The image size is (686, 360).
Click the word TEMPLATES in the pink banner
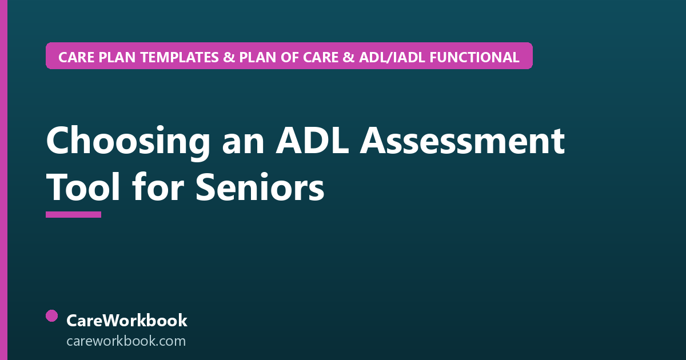[x=179, y=57]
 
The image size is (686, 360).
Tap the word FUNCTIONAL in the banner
[x=474, y=57]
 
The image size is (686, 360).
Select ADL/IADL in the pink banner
[x=392, y=57]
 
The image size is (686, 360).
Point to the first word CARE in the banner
[x=76, y=57]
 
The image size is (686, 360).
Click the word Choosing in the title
[x=128, y=142]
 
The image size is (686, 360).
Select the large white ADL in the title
[x=312, y=141]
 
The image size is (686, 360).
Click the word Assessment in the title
[x=462, y=141]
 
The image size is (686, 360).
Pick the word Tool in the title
[x=83, y=187]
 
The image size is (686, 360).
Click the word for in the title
[x=158, y=186]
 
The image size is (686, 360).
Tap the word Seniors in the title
[x=260, y=187]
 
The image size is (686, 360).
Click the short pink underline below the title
[x=74, y=215]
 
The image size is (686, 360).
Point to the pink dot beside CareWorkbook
[x=52, y=316]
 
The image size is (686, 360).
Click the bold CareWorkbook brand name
[x=127, y=321]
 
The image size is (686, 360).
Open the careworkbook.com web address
[x=126, y=341]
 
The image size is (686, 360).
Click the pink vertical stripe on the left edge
[x=3, y=180]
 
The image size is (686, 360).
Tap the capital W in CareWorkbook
[x=109, y=321]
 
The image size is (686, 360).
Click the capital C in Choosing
[x=58, y=141]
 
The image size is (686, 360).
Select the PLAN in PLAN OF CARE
[x=258, y=57]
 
